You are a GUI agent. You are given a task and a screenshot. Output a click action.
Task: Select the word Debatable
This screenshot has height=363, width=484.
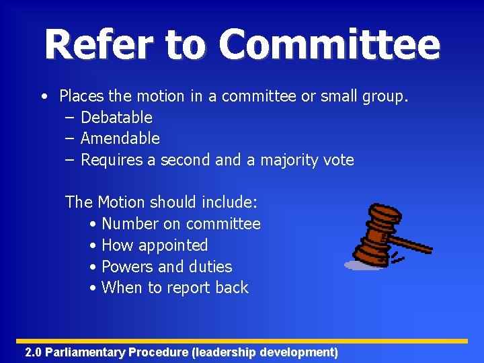click(x=116, y=118)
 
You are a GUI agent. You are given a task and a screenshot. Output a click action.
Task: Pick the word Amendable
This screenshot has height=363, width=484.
click(x=120, y=138)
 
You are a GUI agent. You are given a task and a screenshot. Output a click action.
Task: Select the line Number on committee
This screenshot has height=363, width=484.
click(x=181, y=224)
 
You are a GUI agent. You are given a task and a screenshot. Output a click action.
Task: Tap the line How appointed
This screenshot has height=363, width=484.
click(x=155, y=245)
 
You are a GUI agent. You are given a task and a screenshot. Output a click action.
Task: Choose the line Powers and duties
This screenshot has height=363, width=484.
click(x=167, y=267)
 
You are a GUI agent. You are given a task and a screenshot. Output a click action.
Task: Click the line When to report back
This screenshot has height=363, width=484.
click(x=175, y=288)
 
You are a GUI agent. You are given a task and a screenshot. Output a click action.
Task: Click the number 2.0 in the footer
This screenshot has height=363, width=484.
click(x=33, y=352)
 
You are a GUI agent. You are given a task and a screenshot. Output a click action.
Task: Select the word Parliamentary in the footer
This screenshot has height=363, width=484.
click(x=85, y=352)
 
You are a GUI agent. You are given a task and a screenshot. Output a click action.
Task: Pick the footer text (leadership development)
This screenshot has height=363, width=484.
click(x=265, y=352)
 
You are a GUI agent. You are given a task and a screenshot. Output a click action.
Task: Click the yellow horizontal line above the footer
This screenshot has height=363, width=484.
click(x=242, y=341)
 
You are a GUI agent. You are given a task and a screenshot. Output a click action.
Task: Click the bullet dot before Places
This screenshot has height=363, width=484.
click(x=43, y=97)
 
